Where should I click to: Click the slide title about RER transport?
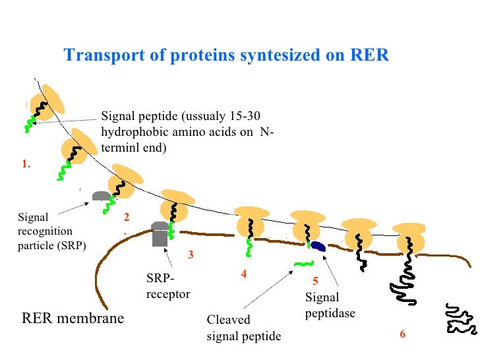(x=226, y=55)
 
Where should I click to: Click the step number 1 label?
(x=26, y=165)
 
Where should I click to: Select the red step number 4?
(x=243, y=274)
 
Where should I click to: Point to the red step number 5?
(x=315, y=280)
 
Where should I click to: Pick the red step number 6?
(x=402, y=334)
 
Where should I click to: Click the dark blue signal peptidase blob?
(x=318, y=247)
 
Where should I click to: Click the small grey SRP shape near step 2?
(x=101, y=196)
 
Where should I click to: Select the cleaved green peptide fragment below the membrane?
(x=303, y=264)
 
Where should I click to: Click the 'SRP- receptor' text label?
(x=167, y=287)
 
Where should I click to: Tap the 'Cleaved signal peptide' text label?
(x=243, y=328)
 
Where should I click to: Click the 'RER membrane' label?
(x=73, y=319)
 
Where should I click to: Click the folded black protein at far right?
(x=459, y=318)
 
